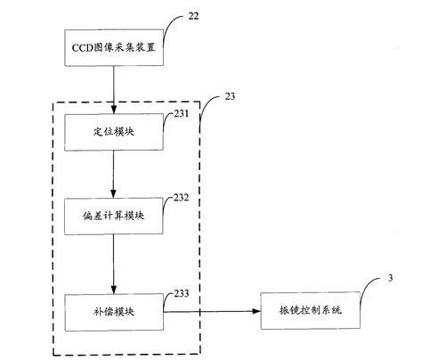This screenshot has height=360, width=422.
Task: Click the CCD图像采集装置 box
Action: (x=114, y=46)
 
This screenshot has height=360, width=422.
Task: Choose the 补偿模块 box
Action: (x=114, y=311)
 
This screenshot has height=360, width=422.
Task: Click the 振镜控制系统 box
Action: (x=302, y=311)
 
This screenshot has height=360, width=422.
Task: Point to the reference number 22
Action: (x=194, y=15)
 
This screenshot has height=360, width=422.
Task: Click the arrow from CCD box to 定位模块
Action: (x=114, y=88)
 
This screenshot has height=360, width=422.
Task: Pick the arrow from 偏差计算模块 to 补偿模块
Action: (x=114, y=264)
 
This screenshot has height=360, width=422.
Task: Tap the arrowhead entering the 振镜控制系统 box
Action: (x=256, y=311)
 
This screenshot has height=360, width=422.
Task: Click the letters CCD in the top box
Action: (x=83, y=46)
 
